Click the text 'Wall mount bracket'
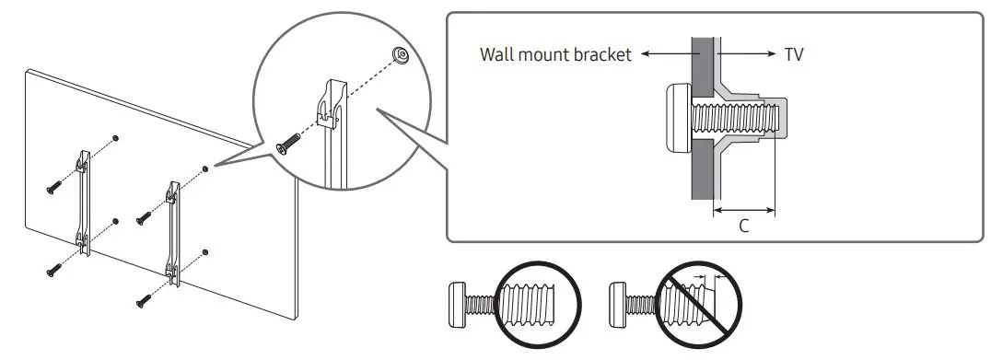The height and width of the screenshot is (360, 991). pyautogui.click(x=555, y=55)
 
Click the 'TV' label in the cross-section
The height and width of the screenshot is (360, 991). pyautogui.click(x=794, y=55)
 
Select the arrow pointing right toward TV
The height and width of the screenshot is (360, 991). pyautogui.click(x=746, y=55)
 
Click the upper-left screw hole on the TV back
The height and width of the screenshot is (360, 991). pyautogui.click(x=115, y=137)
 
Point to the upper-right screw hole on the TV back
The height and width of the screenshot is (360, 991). pyautogui.click(x=204, y=168)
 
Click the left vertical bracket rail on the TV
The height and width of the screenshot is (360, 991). pyautogui.click(x=84, y=198)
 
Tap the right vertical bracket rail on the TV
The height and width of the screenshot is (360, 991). pyautogui.click(x=172, y=230)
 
